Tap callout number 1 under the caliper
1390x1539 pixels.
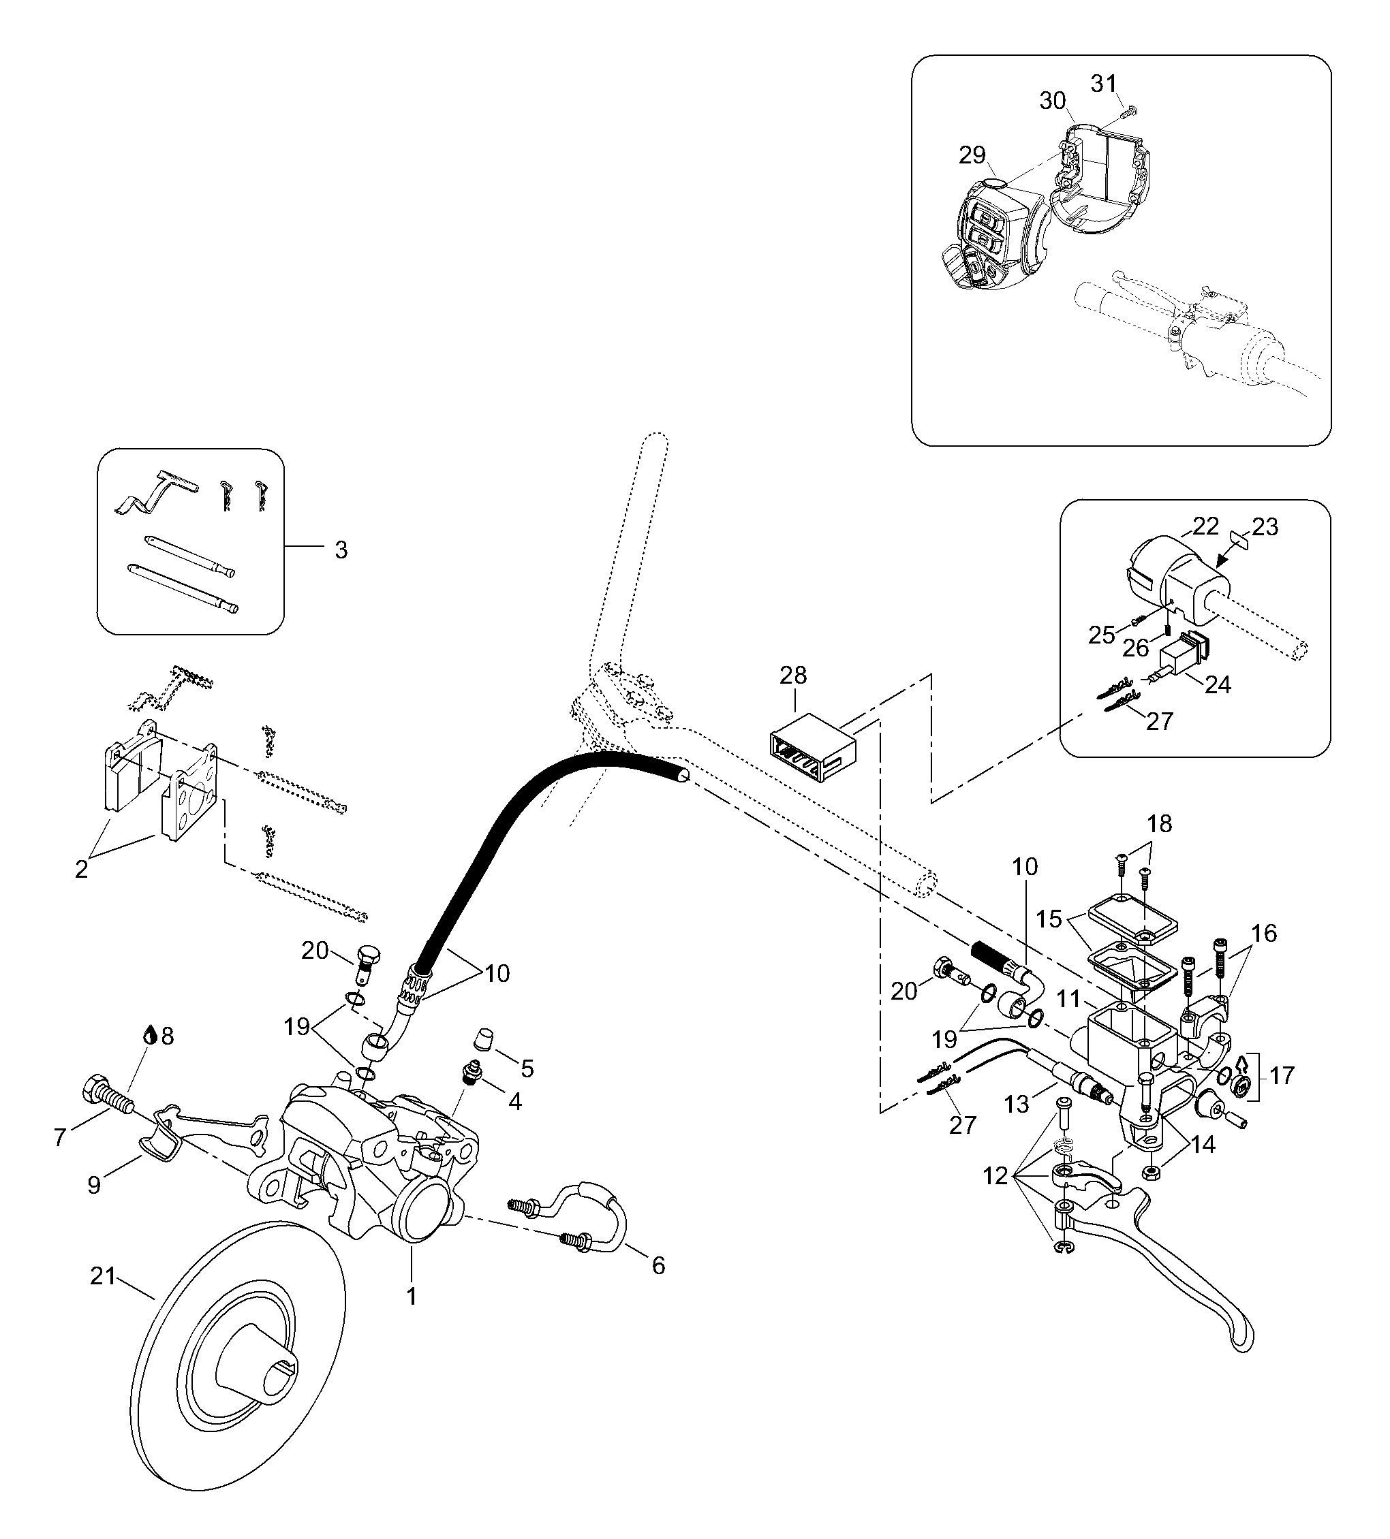tap(412, 1297)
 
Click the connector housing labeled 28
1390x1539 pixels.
tap(811, 747)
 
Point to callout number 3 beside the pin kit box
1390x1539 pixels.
tap(341, 550)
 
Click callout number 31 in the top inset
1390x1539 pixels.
tap(1104, 83)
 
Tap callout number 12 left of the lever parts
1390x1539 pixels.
tap(995, 1177)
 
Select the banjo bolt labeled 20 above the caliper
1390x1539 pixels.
tap(367, 962)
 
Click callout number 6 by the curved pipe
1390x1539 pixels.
tap(658, 1266)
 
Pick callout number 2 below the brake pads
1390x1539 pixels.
tap(82, 870)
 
